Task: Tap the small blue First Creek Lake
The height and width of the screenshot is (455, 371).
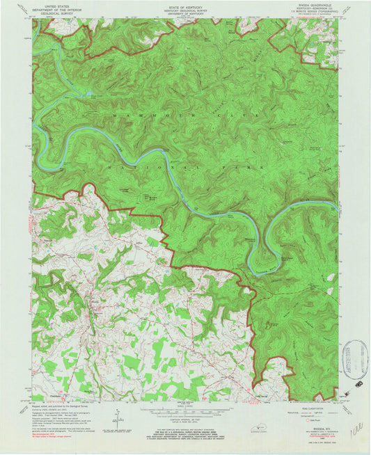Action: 88,92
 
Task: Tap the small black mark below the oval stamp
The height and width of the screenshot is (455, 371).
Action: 358,382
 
